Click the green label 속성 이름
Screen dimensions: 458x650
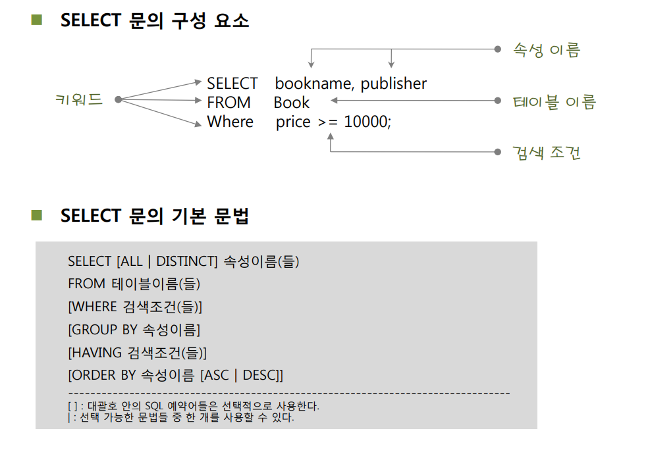point(546,50)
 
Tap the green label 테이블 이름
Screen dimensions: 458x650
point(554,102)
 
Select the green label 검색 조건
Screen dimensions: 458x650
point(546,153)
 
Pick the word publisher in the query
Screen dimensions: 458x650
point(394,84)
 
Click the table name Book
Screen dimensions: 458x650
point(291,103)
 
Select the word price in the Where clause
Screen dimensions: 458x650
point(293,122)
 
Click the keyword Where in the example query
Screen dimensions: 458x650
point(230,122)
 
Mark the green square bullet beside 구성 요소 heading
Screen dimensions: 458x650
point(36,20)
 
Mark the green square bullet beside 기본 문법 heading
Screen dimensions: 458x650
point(36,216)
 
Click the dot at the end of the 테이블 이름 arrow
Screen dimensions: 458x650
point(497,101)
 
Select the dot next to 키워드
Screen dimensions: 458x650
point(118,100)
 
